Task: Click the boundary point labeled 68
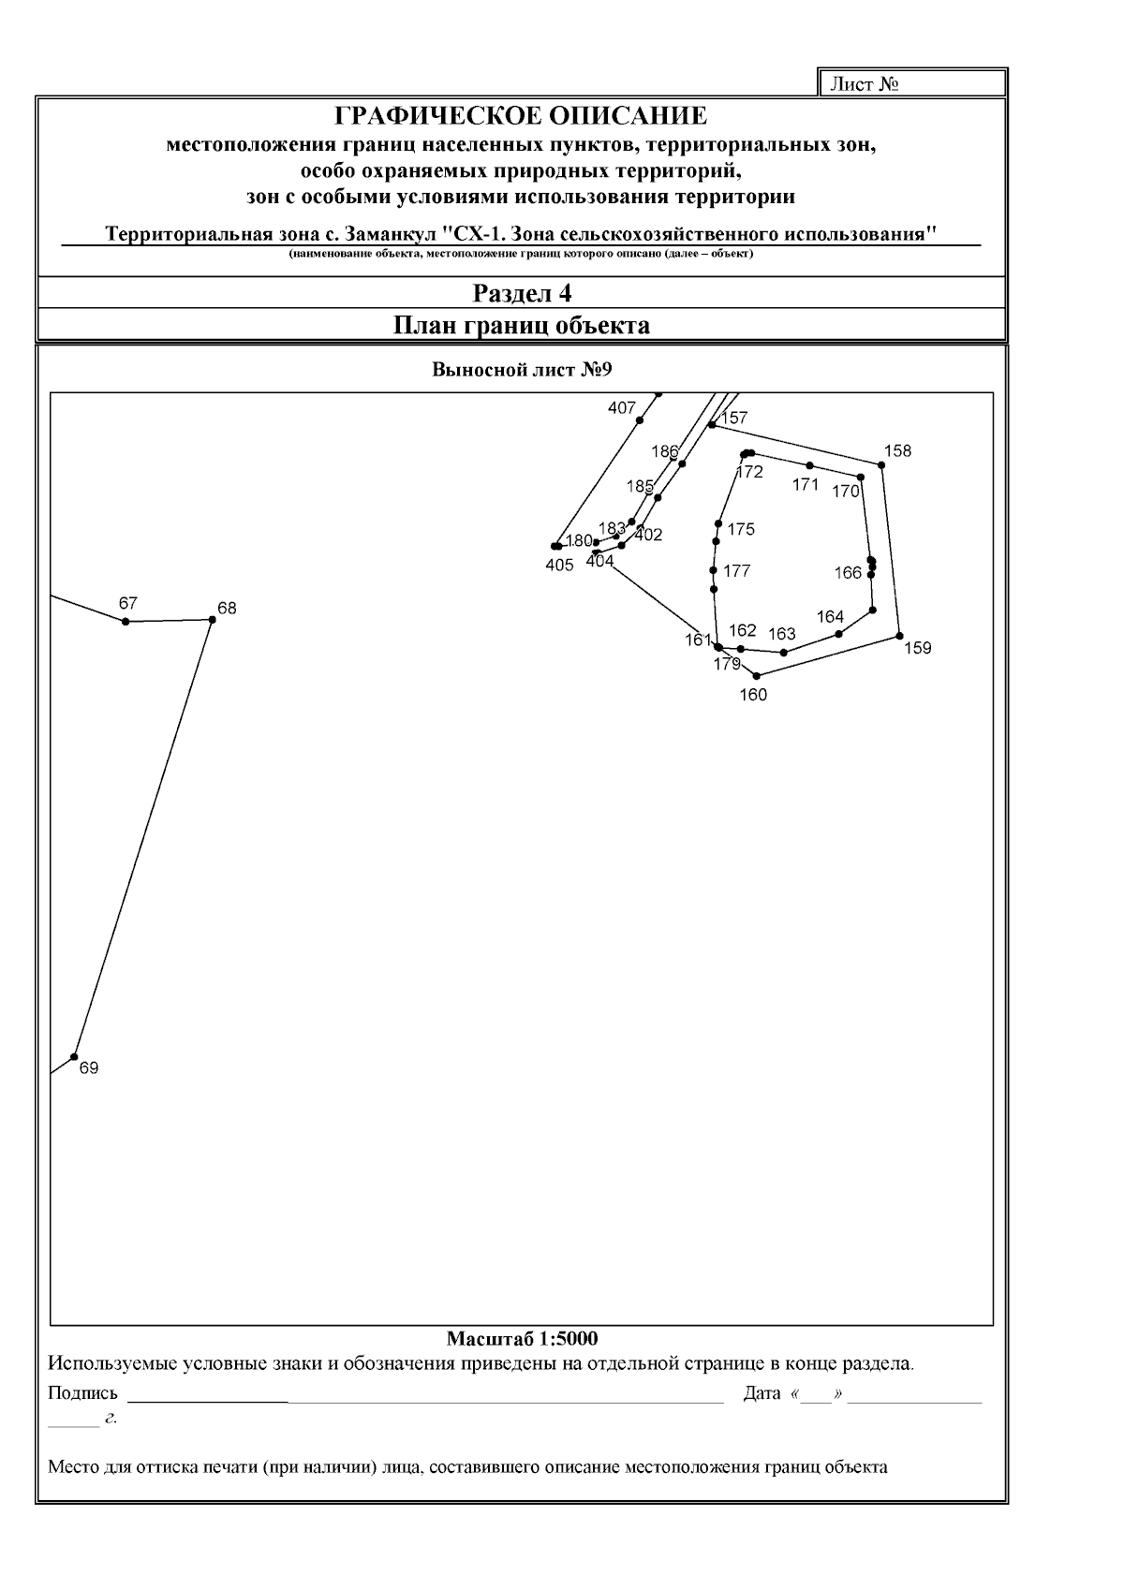pos(213,620)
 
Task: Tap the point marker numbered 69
pos(74,1056)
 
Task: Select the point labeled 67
pos(126,621)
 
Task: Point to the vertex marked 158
pos(881,464)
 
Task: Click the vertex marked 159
pos(900,636)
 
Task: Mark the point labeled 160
pos(757,675)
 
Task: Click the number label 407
pos(622,408)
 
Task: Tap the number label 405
pos(559,566)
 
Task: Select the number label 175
pos(741,530)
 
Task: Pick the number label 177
pos(737,571)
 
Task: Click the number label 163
pos(782,634)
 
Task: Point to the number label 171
pos(806,485)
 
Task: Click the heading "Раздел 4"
pos(522,293)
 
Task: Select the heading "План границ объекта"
pos(522,326)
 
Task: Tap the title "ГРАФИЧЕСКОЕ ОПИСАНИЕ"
pos(522,116)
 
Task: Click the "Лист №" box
pos(912,84)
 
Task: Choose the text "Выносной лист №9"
pos(522,369)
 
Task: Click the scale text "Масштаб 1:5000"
pos(522,1338)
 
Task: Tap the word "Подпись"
pos(82,1393)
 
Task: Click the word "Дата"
pos(762,1393)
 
